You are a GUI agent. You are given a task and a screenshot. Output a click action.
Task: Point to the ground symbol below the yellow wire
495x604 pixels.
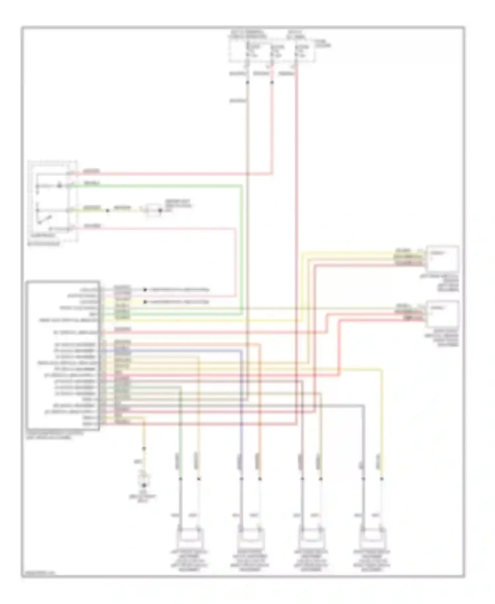pyautogui.click(x=144, y=485)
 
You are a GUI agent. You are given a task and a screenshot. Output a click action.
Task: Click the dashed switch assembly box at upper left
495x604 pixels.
pyautogui.click(x=53, y=202)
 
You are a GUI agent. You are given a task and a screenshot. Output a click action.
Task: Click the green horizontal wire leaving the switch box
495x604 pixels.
pyautogui.click(x=158, y=186)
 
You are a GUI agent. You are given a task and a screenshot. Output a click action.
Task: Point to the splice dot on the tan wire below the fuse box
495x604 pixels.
pyautogui.click(x=247, y=82)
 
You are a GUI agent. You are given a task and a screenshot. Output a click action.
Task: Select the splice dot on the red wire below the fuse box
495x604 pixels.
pyautogui.click(x=272, y=82)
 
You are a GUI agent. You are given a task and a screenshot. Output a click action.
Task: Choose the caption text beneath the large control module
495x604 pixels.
pyautogui.click(x=54, y=435)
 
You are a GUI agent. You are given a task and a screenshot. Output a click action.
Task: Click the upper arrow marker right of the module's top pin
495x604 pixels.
pyautogui.click(x=145, y=290)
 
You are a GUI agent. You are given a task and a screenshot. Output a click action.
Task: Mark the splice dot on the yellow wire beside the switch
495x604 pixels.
pyautogui.click(x=107, y=210)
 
